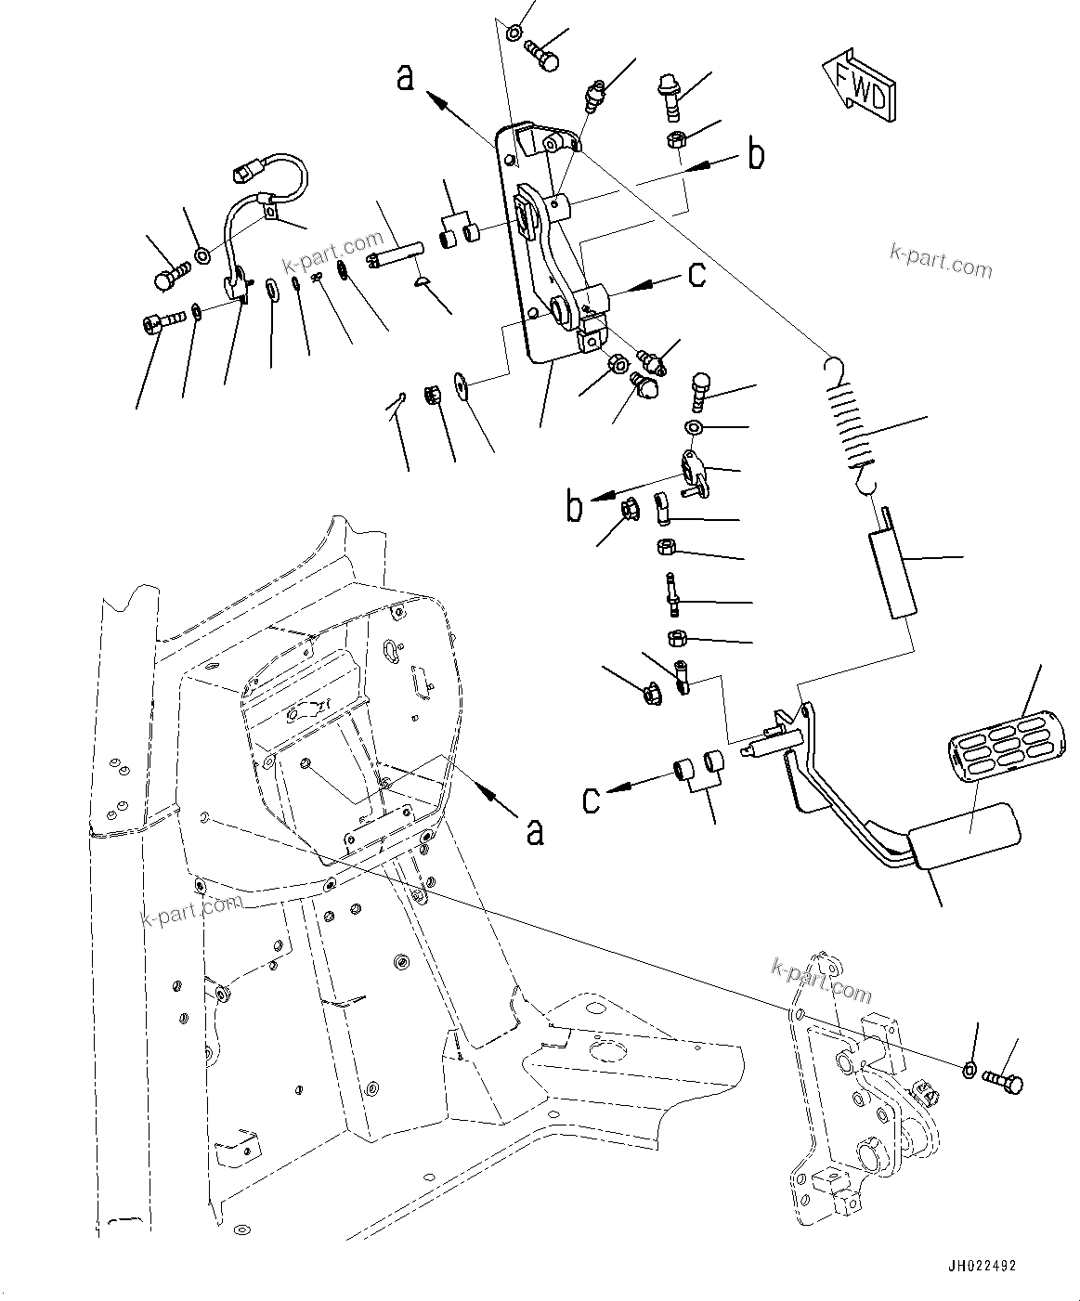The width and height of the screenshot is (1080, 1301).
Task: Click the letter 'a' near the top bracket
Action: [405, 76]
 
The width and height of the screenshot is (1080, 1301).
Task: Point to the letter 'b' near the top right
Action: [757, 155]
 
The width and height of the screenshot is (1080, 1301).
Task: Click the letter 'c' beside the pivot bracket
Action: [696, 275]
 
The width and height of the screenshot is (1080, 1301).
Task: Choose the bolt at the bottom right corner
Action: [1001, 1081]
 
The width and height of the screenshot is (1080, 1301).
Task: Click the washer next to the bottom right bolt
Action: [969, 1070]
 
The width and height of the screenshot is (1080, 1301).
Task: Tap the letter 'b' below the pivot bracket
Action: [576, 508]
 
